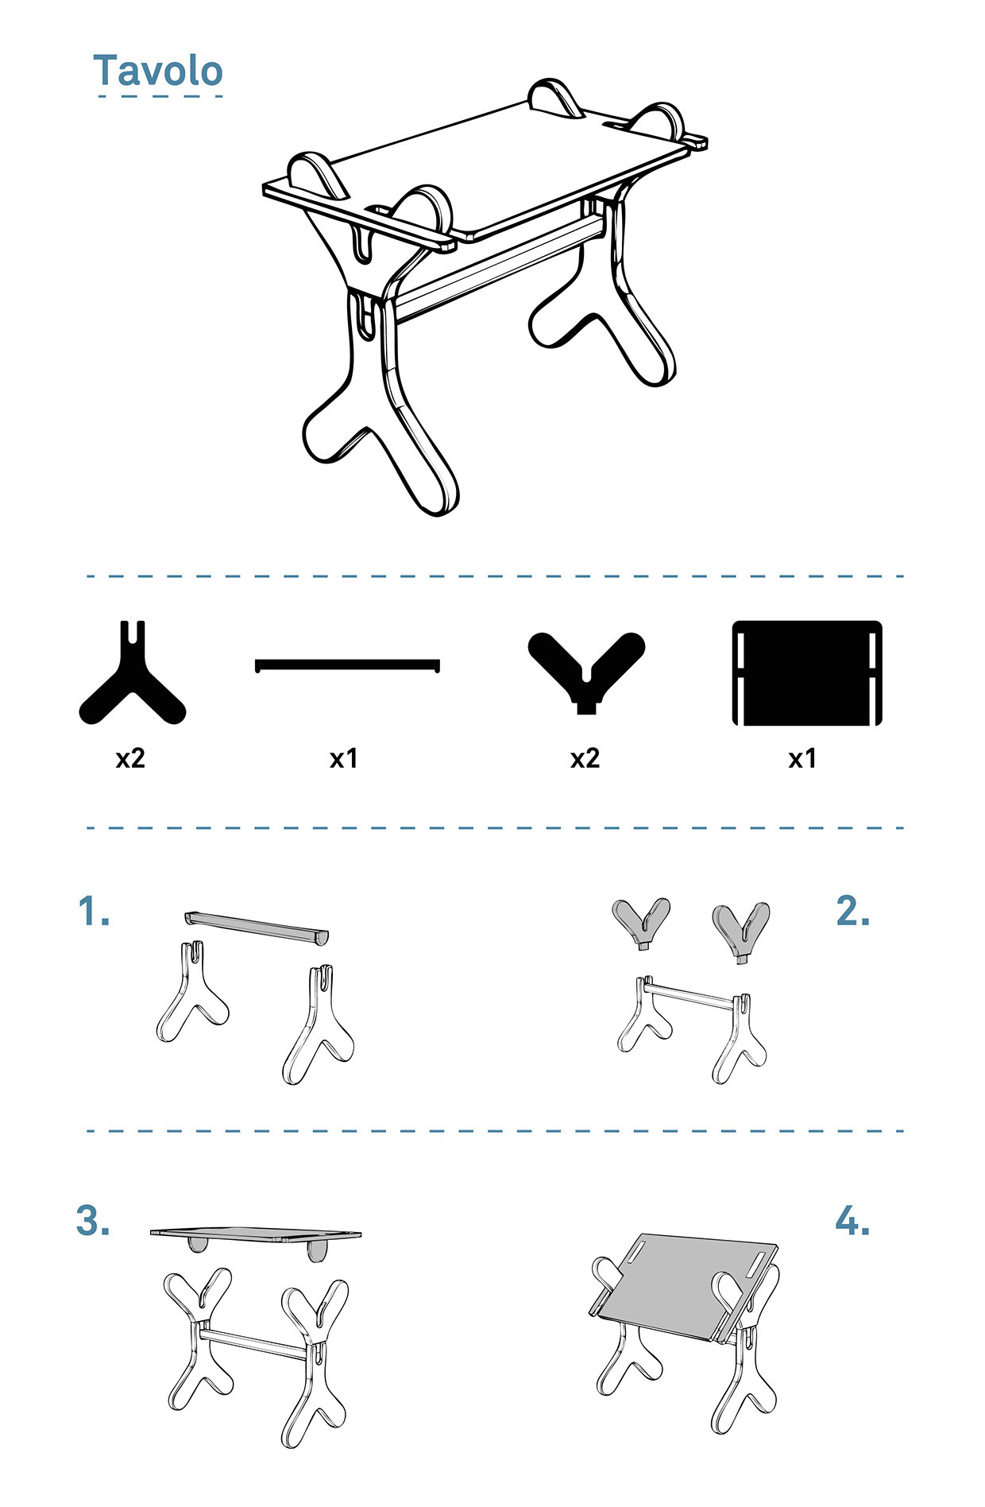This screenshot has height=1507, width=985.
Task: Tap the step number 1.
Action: pyautogui.click(x=94, y=911)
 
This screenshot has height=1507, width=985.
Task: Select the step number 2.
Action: pyautogui.click(x=852, y=911)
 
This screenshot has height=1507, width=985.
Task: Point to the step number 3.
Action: pyautogui.click(x=93, y=1220)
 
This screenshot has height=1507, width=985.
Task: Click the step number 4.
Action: pyautogui.click(x=852, y=1220)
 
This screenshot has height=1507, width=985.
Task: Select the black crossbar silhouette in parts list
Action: pyautogui.click(x=347, y=664)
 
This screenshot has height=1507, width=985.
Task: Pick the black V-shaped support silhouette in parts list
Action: pyautogui.click(x=586, y=668)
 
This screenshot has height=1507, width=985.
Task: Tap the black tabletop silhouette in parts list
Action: pyautogui.click(x=807, y=672)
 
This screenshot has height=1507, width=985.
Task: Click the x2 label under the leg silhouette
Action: pyautogui.click(x=130, y=758)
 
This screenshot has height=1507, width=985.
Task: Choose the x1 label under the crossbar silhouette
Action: pyautogui.click(x=344, y=758)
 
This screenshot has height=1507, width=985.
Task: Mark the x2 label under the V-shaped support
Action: pyautogui.click(x=585, y=758)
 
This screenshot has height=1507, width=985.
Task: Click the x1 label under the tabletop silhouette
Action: pyautogui.click(x=802, y=758)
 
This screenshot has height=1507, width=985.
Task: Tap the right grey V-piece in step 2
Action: pyautogui.click(x=740, y=928)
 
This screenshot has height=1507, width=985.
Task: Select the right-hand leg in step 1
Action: pyautogui.click(x=318, y=1025)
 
